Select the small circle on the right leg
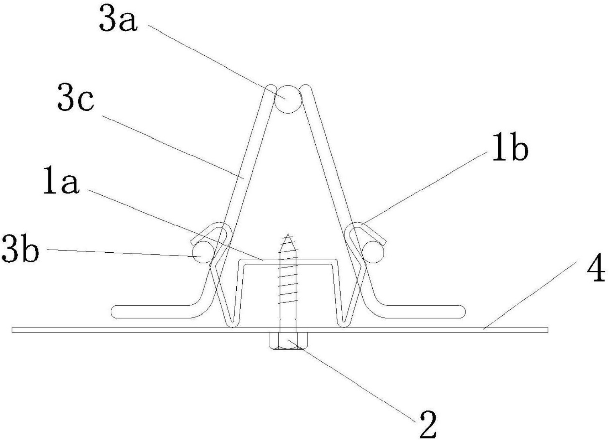[373, 252]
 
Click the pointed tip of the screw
[288, 234]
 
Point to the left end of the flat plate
[12, 330]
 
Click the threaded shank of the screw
[288, 283]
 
